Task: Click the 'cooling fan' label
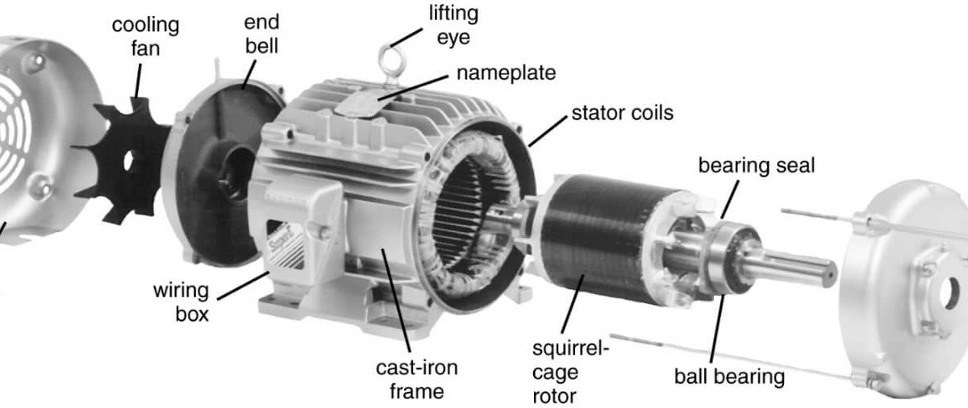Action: pos(146,36)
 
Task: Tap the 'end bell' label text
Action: pos(261,35)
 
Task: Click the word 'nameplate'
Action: pos(506,73)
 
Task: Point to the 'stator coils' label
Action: pos(621,112)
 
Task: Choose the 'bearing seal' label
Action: pos(756,166)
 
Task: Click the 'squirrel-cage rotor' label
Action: pos(570,373)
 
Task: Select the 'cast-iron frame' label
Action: pos(416,380)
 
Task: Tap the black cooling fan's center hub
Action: pos(128,160)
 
